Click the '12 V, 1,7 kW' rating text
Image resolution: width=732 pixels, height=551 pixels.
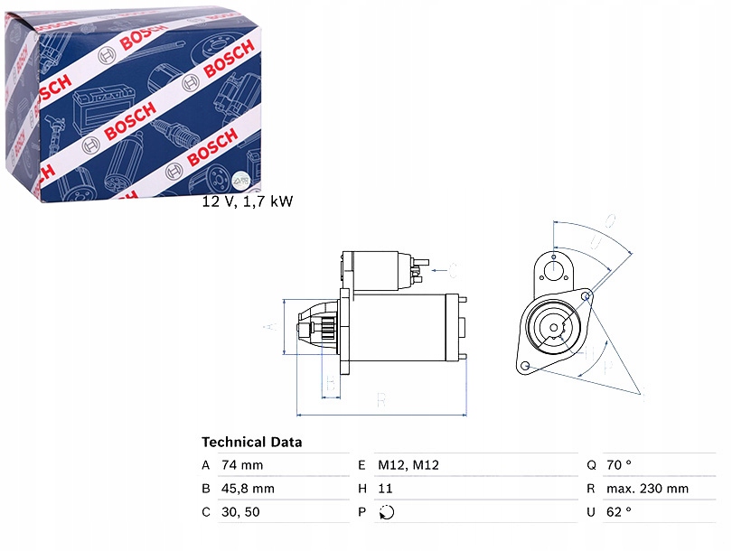click(248, 201)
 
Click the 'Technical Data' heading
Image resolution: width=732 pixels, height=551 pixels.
click(251, 443)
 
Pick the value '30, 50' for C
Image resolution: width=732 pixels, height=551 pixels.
click(239, 512)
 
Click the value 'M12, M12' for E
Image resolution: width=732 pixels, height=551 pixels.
click(408, 465)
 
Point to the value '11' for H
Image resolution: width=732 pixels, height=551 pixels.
click(387, 489)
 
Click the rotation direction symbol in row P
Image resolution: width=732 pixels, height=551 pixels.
click(389, 513)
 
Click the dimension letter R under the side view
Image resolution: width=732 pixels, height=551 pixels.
click(381, 398)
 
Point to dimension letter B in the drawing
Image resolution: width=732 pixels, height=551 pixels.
click(331, 387)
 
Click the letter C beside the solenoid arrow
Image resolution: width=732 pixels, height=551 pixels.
click(453, 269)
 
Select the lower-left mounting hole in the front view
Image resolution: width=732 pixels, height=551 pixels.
click(523, 366)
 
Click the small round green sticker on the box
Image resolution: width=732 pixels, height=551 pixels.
click(240, 179)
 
